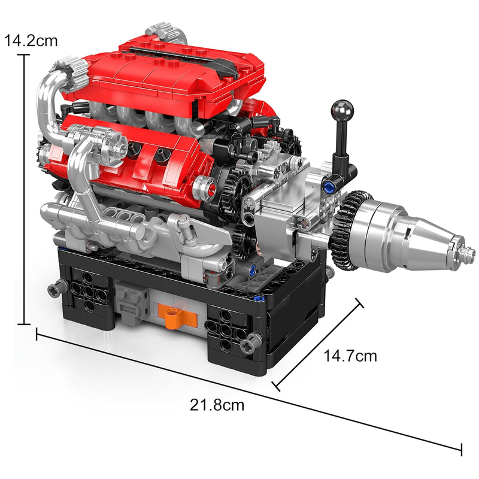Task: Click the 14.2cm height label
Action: coord(31,41)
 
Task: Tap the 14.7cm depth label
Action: coord(350,356)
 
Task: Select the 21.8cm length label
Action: coord(217,405)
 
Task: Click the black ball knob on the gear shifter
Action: coord(339,109)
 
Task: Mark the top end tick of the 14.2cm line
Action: coord(24,55)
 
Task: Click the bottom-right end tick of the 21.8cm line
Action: coord(461,448)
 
